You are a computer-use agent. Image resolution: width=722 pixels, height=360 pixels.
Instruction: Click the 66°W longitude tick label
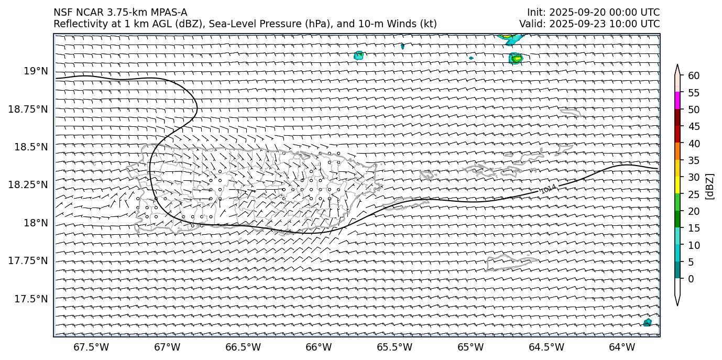pos(319,347)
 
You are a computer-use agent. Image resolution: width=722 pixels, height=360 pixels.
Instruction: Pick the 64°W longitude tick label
pos(622,347)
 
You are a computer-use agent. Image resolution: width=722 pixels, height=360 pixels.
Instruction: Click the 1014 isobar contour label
pos(548,189)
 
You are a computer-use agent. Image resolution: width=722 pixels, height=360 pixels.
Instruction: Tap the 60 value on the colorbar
pos(694,76)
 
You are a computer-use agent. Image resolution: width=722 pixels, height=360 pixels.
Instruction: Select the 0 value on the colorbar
pos(691,279)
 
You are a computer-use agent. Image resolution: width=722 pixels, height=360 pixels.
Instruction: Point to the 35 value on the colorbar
pos(694,160)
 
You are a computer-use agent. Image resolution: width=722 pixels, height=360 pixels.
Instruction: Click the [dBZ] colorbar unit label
pos(710,186)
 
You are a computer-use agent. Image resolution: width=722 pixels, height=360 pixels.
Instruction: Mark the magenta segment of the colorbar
pos(677,101)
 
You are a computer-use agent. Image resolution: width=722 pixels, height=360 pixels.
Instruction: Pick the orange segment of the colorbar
pos(677,151)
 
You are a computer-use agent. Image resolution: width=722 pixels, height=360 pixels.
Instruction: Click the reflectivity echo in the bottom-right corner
pos(648,322)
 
